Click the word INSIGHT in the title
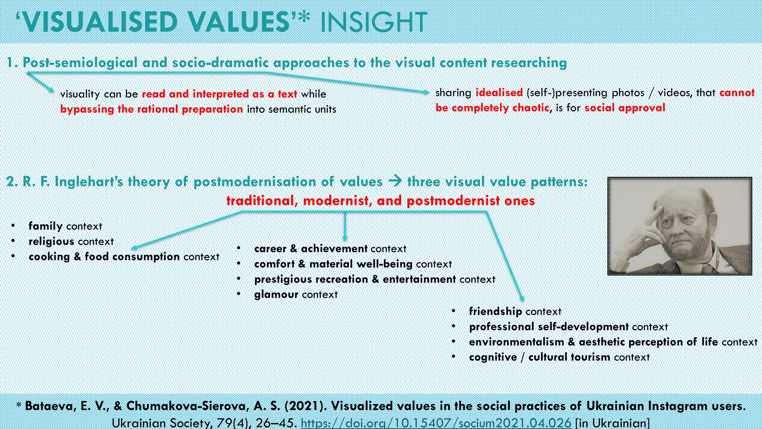coord(373,22)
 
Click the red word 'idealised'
coord(499,92)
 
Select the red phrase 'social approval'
coord(625,108)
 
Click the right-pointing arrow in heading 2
coord(395,182)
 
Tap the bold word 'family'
coord(45,226)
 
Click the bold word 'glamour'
coord(276,295)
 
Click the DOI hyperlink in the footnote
coord(436,423)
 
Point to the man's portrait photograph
coord(679,226)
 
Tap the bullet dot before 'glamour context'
coord(238,294)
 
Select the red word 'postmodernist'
coord(453,201)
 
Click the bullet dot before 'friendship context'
coord(454,311)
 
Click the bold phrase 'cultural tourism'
coord(569,357)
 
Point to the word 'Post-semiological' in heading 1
coord(80,63)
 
